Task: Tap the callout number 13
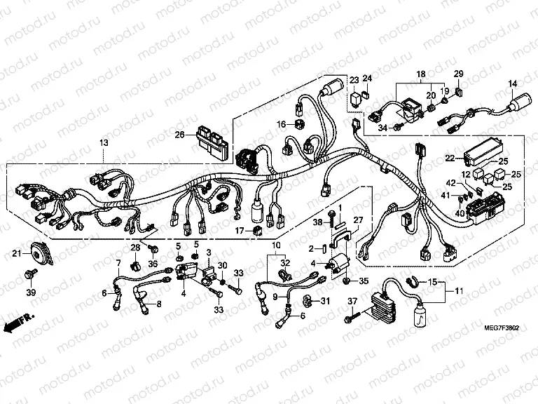click(x=103, y=143)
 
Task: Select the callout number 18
click(x=421, y=74)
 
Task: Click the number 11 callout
click(x=460, y=290)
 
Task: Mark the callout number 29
click(x=459, y=74)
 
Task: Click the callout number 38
click(x=317, y=222)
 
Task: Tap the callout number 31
click(x=324, y=302)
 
